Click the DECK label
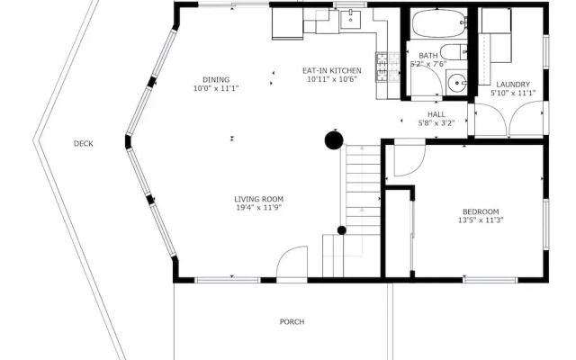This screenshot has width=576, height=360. tap(84, 144)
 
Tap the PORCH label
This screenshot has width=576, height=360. tap(292, 322)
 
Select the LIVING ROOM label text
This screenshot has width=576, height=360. tap(258, 199)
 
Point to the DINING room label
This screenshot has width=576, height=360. tap(216, 80)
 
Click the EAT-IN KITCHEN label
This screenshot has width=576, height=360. tap(332, 70)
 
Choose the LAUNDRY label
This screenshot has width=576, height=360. tap(513, 85)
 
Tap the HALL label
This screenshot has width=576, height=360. tap(436, 114)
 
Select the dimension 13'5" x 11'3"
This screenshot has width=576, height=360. tap(481, 220)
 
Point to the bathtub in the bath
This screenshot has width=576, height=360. tap(438, 23)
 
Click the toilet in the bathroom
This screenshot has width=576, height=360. tap(454, 52)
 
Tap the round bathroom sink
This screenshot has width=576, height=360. tap(456, 83)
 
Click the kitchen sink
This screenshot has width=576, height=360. tap(350, 19)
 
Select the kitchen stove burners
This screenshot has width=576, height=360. tap(388, 67)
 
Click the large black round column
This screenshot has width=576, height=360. tap(334, 140)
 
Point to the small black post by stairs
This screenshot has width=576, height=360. tap(342, 230)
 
